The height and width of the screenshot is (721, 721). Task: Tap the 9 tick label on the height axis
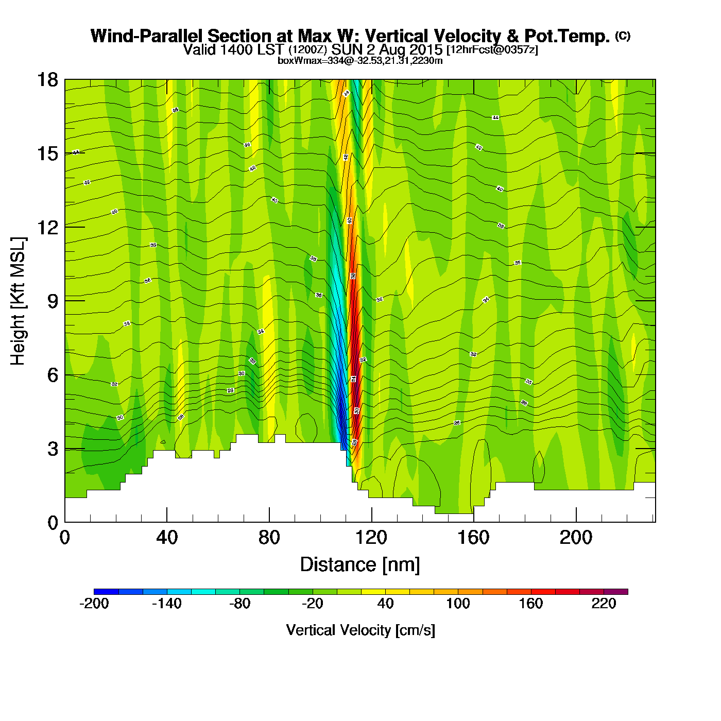(53, 301)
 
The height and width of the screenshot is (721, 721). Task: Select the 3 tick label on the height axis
(53, 449)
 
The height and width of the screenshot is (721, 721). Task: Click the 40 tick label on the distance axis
(167, 538)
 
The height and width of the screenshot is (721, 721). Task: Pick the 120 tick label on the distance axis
(371, 538)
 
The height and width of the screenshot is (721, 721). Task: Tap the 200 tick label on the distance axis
(576, 538)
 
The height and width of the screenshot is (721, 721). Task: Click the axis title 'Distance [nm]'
(360, 564)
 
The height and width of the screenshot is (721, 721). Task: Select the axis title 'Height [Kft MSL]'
(19, 301)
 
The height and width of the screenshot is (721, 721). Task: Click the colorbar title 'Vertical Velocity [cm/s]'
(360, 630)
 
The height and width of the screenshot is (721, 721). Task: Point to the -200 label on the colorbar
(94, 604)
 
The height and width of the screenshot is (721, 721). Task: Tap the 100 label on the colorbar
(458, 604)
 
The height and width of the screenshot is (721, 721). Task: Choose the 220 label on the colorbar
(604, 604)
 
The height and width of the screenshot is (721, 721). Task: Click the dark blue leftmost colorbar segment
(106, 592)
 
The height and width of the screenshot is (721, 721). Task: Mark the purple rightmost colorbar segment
(616, 592)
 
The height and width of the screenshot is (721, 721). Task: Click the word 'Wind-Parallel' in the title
(147, 36)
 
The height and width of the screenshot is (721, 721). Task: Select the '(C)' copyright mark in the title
(623, 36)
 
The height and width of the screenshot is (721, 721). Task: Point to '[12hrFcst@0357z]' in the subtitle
(492, 50)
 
